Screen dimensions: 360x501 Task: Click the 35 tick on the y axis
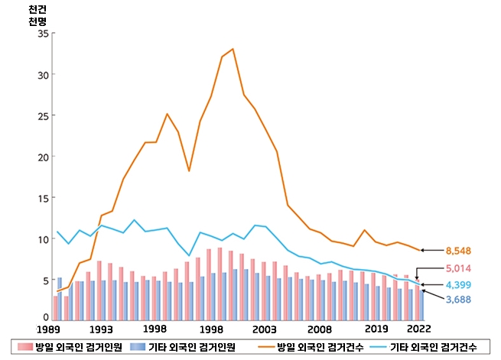43,34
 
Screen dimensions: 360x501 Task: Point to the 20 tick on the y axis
43,157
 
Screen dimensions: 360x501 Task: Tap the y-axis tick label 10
43,239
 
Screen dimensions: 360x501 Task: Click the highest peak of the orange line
233,49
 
